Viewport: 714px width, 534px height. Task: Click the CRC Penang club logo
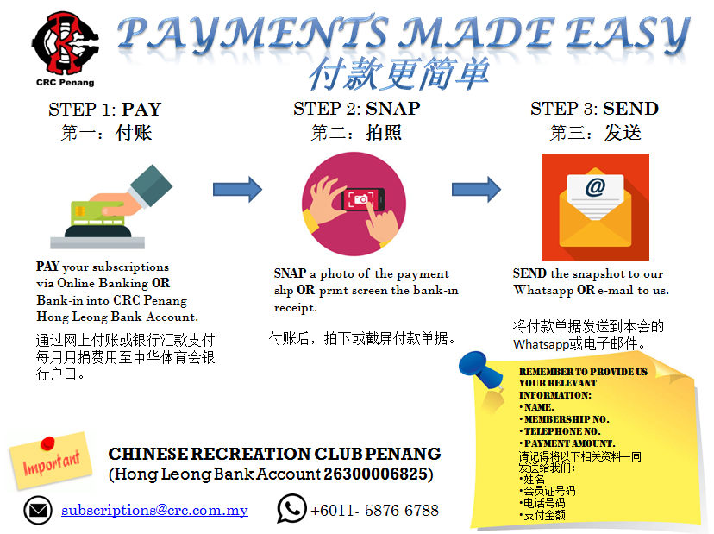[x=66, y=43]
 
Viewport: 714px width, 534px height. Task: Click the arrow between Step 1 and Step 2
[x=237, y=189]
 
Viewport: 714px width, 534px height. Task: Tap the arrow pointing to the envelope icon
[x=476, y=189]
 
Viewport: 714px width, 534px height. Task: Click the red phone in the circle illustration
[x=363, y=199]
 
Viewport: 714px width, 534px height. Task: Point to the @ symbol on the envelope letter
[x=595, y=187]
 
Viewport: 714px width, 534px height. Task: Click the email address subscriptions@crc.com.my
[x=155, y=511]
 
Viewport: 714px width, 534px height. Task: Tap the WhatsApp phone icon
[x=291, y=508]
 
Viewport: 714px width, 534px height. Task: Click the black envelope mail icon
[x=38, y=511]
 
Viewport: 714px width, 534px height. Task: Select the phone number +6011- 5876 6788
[x=375, y=511]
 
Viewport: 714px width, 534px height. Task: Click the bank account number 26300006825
[x=375, y=474]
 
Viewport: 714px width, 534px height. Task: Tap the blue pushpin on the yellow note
[x=480, y=370]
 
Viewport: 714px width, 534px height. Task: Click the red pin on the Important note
[x=47, y=443]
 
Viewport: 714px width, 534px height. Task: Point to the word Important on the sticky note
[x=52, y=463]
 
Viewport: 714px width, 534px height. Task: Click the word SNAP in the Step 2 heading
[x=393, y=109]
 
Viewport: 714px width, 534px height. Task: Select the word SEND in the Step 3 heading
[x=630, y=109]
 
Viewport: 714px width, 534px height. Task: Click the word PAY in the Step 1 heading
[x=141, y=110]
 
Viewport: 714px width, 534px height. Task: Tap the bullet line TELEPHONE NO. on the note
[x=561, y=431]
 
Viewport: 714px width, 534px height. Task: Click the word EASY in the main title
[x=628, y=35]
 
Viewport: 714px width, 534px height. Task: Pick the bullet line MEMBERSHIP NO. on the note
[x=564, y=419]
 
